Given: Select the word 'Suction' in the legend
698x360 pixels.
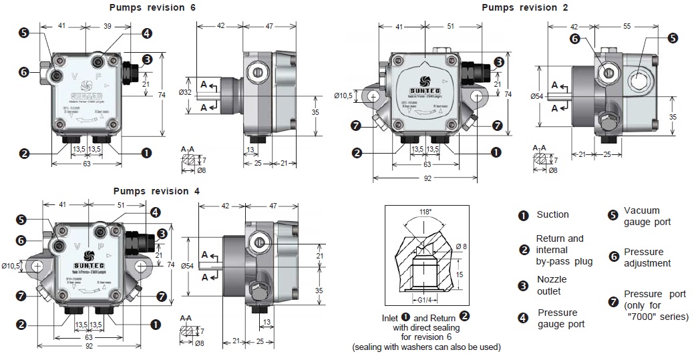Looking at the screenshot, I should point(552,214).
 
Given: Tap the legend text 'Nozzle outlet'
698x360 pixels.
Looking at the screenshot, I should point(550,285).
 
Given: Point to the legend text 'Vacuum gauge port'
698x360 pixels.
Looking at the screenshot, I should point(647,216).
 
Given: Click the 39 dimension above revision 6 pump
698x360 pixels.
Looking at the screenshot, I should point(108,25).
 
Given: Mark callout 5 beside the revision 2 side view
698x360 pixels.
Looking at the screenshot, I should point(672,38).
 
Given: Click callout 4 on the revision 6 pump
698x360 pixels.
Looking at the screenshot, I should point(146,33).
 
